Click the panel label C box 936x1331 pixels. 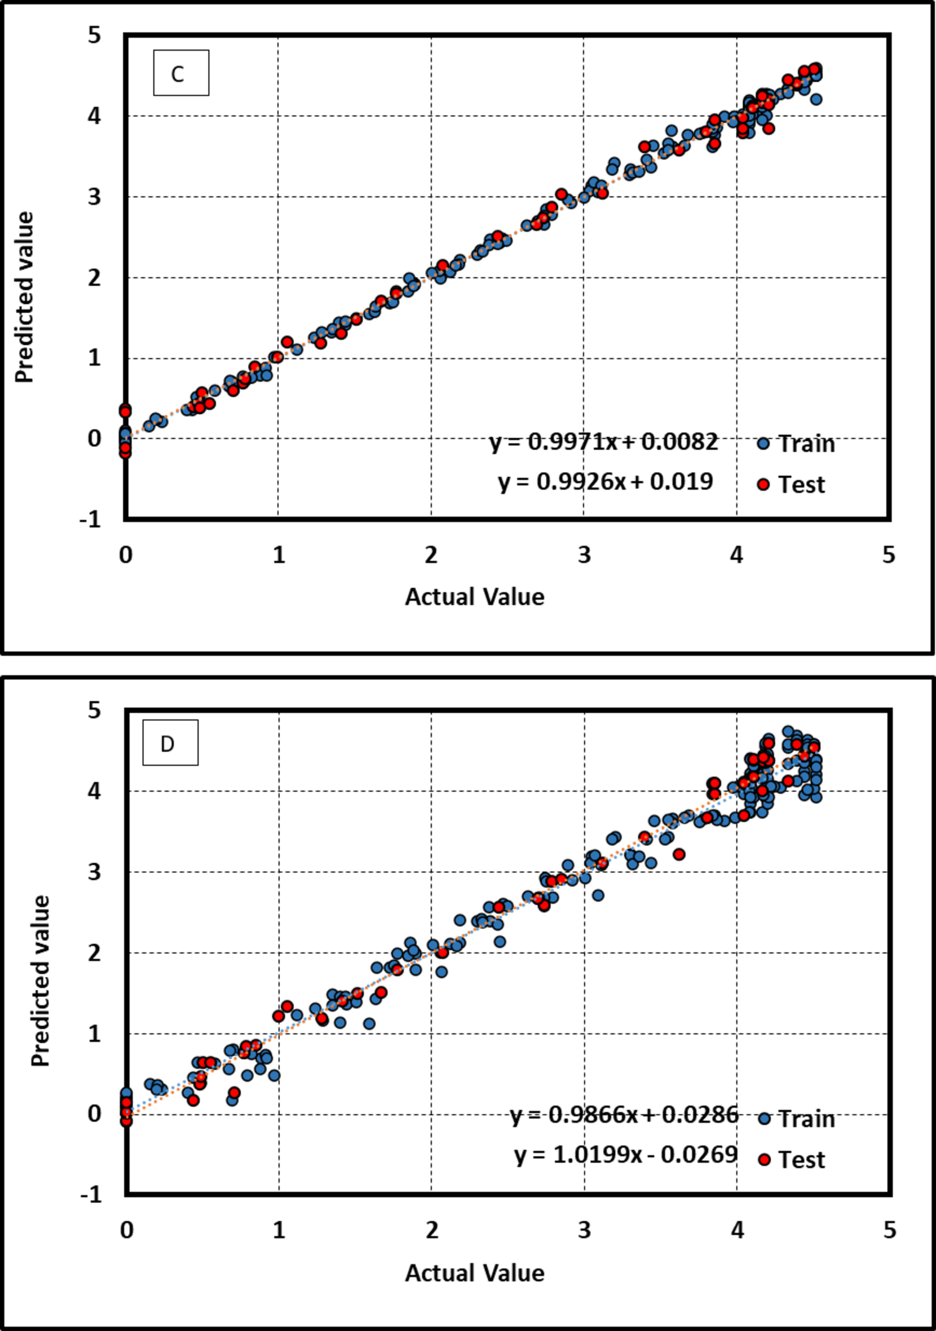pyautogui.click(x=181, y=73)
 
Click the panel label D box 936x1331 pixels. pyautogui.click(x=170, y=743)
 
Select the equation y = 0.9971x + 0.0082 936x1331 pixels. pyautogui.click(x=604, y=442)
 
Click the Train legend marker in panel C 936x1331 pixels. pyautogui.click(x=763, y=444)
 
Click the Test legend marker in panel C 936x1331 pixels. pyautogui.click(x=763, y=484)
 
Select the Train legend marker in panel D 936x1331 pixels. pyautogui.click(x=764, y=1119)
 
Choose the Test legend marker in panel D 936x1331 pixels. pyautogui.click(x=764, y=1159)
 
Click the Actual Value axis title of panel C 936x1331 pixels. pyautogui.click(x=474, y=597)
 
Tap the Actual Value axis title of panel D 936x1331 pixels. pyautogui.click(x=474, y=1272)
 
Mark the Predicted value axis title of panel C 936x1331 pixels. pyautogui.click(x=24, y=297)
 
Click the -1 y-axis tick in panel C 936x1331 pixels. pyautogui.click(x=90, y=519)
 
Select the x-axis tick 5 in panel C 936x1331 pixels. pyautogui.click(x=889, y=555)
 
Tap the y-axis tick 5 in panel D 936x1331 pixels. pyautogui.click(x=95, y=710)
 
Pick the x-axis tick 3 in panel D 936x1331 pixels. pyautogui.click(x=585, y=1230)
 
